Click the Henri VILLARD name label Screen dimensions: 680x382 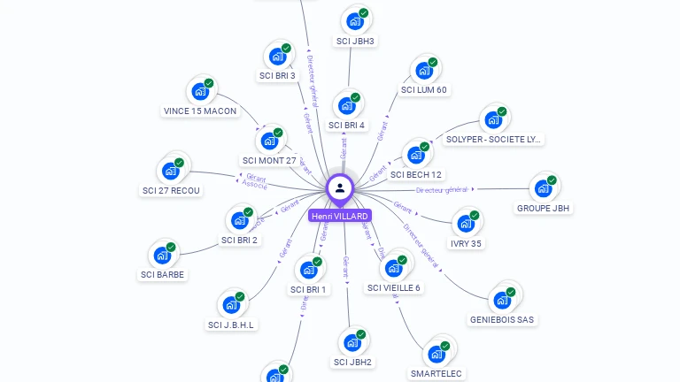point(339,216)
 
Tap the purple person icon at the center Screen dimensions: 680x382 point(339,187)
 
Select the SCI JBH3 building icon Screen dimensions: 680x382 point(355,21)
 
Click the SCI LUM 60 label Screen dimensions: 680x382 point(424,89)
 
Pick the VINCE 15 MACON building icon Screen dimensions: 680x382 point(201,91)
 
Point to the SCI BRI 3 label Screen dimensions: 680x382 point(277,75)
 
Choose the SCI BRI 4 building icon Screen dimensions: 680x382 point(347,105)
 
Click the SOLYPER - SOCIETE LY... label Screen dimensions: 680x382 point(494,139)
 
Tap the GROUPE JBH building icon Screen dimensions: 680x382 point(543,188)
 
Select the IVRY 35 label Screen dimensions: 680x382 point(466,243)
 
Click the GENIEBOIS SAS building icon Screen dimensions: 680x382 point(502,300)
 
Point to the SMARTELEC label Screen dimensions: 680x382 point(437,373)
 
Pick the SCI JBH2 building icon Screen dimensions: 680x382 point(352,342)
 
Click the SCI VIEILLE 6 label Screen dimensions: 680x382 point(394,287)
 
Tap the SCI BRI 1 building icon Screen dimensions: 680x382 point(309,270)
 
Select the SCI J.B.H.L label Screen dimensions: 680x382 point(231,325)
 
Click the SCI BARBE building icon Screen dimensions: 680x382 point(162,256)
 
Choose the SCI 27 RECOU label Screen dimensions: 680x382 point(171,190)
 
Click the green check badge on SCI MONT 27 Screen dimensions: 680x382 point(278,133)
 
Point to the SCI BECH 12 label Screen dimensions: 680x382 point(416,174)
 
